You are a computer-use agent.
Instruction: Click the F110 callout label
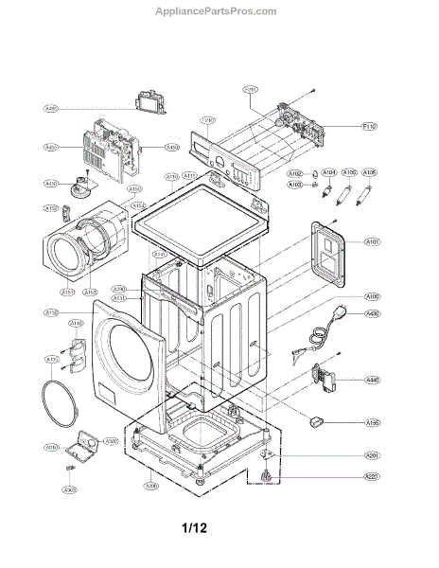370,126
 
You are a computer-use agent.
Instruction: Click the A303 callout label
69,489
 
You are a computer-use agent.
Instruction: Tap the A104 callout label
329,173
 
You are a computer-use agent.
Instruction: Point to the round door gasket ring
61,401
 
